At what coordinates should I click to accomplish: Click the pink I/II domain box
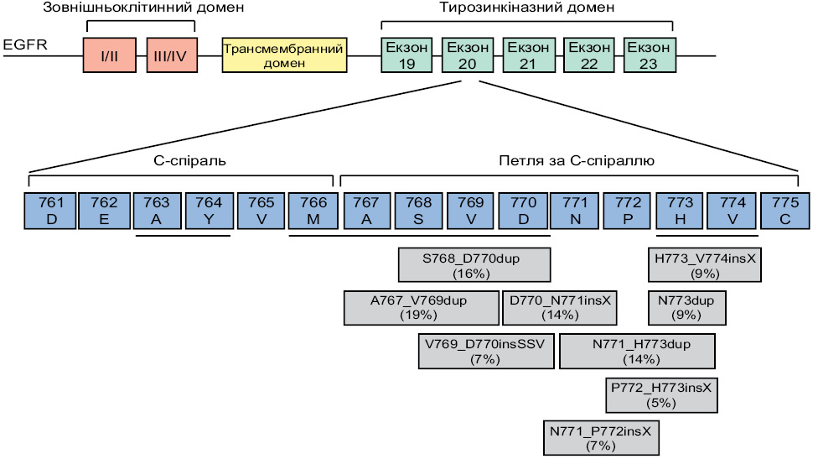tap(110, 55)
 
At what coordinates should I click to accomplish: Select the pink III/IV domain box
tap(172, 55)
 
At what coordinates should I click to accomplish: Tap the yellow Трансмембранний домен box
tap(284, 55)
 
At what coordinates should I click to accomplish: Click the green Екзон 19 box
tap(406, 55)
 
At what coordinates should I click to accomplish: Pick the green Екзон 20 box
tap(468, 55)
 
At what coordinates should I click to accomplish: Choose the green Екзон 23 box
tap(650, 55)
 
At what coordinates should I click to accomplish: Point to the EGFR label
tap(25, 45)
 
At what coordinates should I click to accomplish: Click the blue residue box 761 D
tap(50, 211)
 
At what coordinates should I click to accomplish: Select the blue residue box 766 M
tap(313, 211)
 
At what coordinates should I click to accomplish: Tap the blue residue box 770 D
tap(523, 211)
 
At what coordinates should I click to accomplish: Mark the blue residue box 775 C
tap(785, 211)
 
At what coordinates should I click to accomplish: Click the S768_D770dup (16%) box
tap(474, 265)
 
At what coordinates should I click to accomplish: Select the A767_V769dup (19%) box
tap(421, 308)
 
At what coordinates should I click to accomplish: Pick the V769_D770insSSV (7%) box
tap(486, 352)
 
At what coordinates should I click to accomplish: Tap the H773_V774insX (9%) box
tap(705, 265)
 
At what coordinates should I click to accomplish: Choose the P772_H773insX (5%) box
tap(661, 395)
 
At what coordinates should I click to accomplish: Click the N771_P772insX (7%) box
tap(601, 437)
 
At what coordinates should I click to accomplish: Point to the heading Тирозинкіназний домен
tap(527, 8)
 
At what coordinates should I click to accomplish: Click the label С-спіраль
tap(190, 160)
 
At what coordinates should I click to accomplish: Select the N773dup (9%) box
tap(687, 308)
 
